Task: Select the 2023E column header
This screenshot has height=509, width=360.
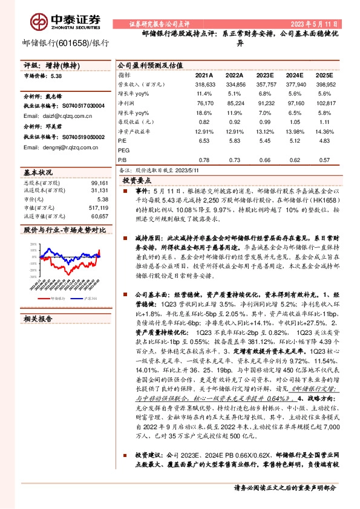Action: tap(266, 75)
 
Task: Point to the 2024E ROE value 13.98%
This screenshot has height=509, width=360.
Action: tap(295, 131)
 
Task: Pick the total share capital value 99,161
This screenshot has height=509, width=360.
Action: tap(99, 182)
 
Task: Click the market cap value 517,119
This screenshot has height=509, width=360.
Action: tap(97, 207)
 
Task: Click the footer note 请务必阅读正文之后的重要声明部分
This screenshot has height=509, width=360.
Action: tap(284, 487)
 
